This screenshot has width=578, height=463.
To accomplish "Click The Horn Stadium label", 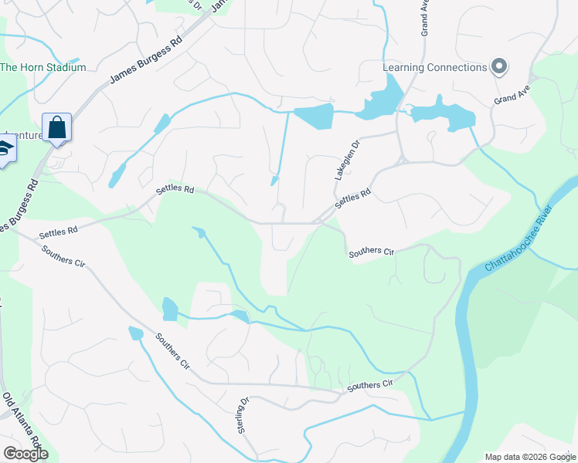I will click(x=42, y=67).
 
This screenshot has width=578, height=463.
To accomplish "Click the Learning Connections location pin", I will click(x=498, y=66).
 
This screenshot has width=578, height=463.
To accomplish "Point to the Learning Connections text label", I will click(x=435, y=67).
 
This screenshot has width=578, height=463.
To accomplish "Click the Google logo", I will click(x=25, y=454).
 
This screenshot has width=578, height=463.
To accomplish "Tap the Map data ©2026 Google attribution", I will click(x=529, y=457).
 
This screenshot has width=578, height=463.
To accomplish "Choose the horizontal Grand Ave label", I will click(x=512, y=99).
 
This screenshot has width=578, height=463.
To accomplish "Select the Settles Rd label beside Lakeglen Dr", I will click(x=354, y=198).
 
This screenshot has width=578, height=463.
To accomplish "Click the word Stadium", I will click(x=64, y=67).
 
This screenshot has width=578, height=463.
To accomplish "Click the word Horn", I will click(x=31, y=67).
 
